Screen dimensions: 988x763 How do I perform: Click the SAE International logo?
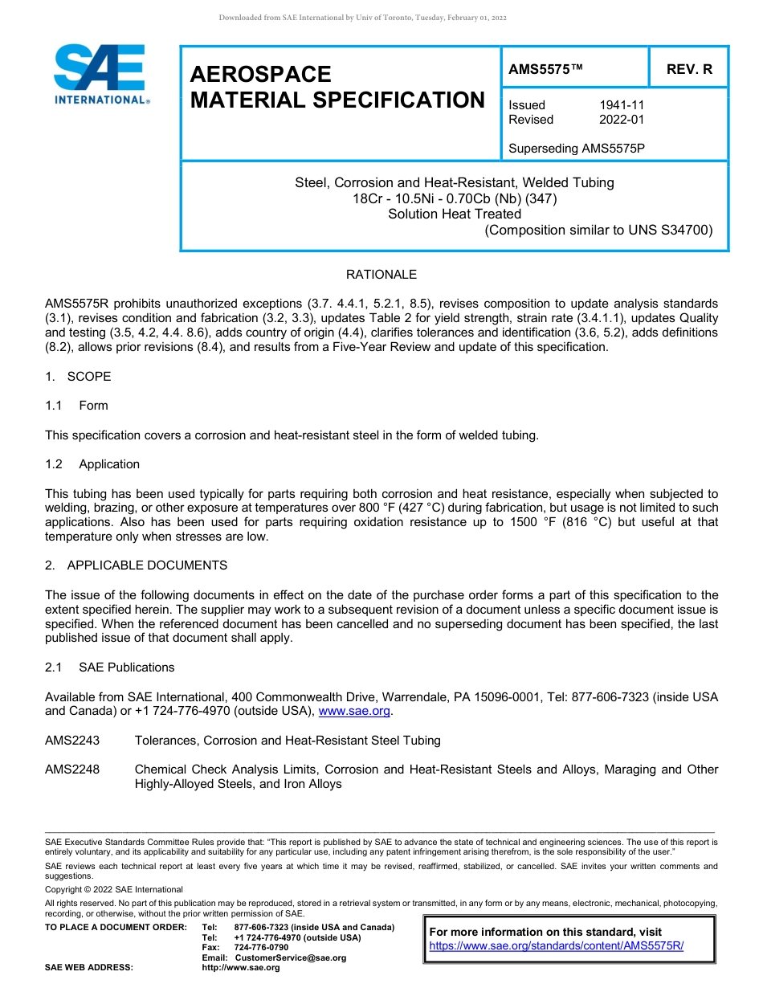pyautogui.click(x=100, y=73)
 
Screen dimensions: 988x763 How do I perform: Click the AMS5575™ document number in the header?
pyautogui.click(x=545, y=70)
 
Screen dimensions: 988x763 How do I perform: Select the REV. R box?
pyautogui.click(x=689, y=70)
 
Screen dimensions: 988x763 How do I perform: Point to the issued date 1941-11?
pyautogui.click(x=622, y=105)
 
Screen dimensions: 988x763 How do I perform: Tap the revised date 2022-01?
pyautogui.click(x=622, y=120)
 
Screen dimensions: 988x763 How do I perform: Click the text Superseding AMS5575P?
pyautogui.click(x=577, y=149)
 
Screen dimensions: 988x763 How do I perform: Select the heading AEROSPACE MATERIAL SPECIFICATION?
pyautogui.click(x=337, y=87)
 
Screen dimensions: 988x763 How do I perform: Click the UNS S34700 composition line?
pyautogui.click(x=598, y=231)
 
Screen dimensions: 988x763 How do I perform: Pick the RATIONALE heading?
pyautogui.click(x=381, y=275)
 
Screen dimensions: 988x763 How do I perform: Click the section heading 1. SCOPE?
pyautogui.click(x=78, y=377)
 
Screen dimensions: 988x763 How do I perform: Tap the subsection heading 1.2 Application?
pyautogui.click(x=93, y=464)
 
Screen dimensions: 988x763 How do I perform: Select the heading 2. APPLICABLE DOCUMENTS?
pyautogui.click(x=136, y=565)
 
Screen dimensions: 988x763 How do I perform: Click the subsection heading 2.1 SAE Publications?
pyautogui.click(x=110, y=668)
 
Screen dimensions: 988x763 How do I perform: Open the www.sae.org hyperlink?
pyautogui.click(x=354, y=711)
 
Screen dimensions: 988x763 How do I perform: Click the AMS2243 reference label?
pyautogui.click(x=72, y=740)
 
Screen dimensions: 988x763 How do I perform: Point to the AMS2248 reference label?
pyautogui.click(x=72, y=770)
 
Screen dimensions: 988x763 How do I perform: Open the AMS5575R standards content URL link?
pyautogui.click(x=556, y=946)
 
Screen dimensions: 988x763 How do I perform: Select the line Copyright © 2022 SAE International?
pyautogui.click(x=114, y=889)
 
